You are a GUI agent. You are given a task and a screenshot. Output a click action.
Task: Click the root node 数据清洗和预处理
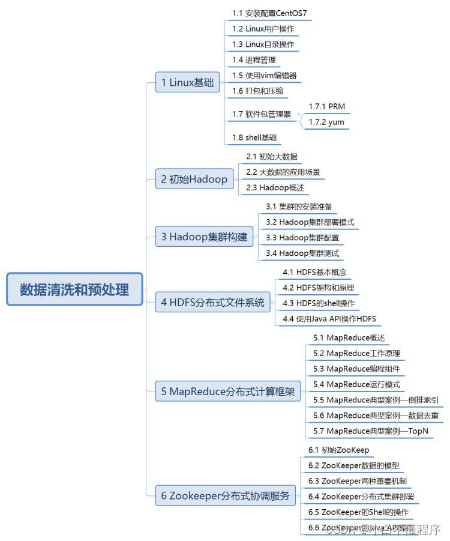point(74,289)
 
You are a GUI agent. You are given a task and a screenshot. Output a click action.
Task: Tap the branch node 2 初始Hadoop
point(194,179)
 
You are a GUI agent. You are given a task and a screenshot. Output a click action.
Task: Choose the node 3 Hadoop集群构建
point(204,237)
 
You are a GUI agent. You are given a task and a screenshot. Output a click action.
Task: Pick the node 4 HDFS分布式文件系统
point(213,302)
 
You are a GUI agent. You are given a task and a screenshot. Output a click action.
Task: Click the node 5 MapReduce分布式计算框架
point(227,392)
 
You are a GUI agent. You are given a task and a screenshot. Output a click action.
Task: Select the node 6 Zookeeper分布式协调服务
point(225,495)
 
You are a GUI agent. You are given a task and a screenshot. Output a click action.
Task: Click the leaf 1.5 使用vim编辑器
point(264,75)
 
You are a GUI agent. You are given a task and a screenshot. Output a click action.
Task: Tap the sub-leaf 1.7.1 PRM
point(326,106)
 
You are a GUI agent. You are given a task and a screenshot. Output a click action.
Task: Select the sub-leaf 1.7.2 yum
point(326,122)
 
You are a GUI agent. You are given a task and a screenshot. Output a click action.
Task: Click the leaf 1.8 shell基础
point(254,138)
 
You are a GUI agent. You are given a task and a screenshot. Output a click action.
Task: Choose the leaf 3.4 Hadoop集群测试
point(302,253)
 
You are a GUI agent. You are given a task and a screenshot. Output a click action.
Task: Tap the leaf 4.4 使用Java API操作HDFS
point(329,318)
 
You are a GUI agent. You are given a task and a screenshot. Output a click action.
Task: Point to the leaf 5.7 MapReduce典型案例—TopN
point(370,431)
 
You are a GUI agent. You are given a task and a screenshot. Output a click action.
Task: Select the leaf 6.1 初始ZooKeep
point(338,449)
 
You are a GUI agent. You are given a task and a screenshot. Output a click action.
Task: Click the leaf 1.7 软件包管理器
point(262,114)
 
